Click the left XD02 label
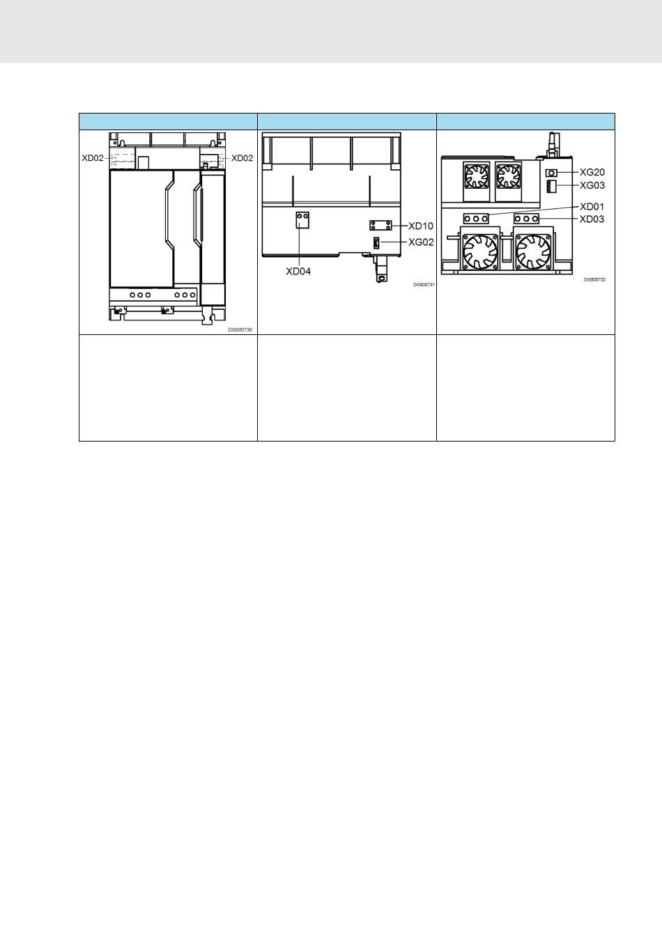click(x=93, y=158)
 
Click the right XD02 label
click(x=242, y=158)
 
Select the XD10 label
click(x=421, y=226)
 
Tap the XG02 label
click(x=421, y=242)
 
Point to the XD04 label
click(x=298, y=272)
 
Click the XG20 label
click(x=592, y=172)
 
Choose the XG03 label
click(x=592, y=185)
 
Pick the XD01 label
click(x=592, y=207)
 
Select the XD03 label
click(x=592, y=219)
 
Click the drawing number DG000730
click(x=240, y=329)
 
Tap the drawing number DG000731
click(x=424, y=285)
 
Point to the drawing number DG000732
click(x=594, y=279)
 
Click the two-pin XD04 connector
click(x=302, y=220)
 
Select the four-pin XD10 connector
click(x=380, y=226)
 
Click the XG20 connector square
click(x=552, y=173)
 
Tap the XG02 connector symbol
click(x=376, y=243)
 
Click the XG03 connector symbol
click(x=551, y=187)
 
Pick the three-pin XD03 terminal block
click(x=527, y=219)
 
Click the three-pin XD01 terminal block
click(x=476, y=219)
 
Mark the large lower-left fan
click(x=479, y=251)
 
